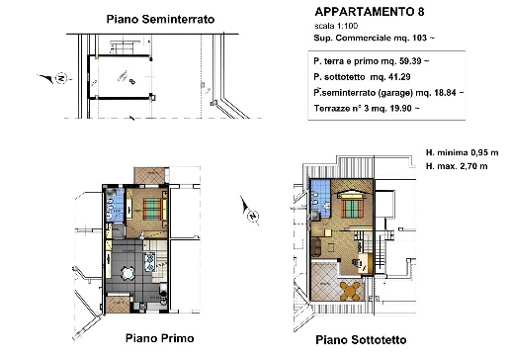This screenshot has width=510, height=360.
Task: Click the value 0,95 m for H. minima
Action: click(481, 154)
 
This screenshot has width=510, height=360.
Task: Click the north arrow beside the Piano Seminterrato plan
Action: click(60, 77)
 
